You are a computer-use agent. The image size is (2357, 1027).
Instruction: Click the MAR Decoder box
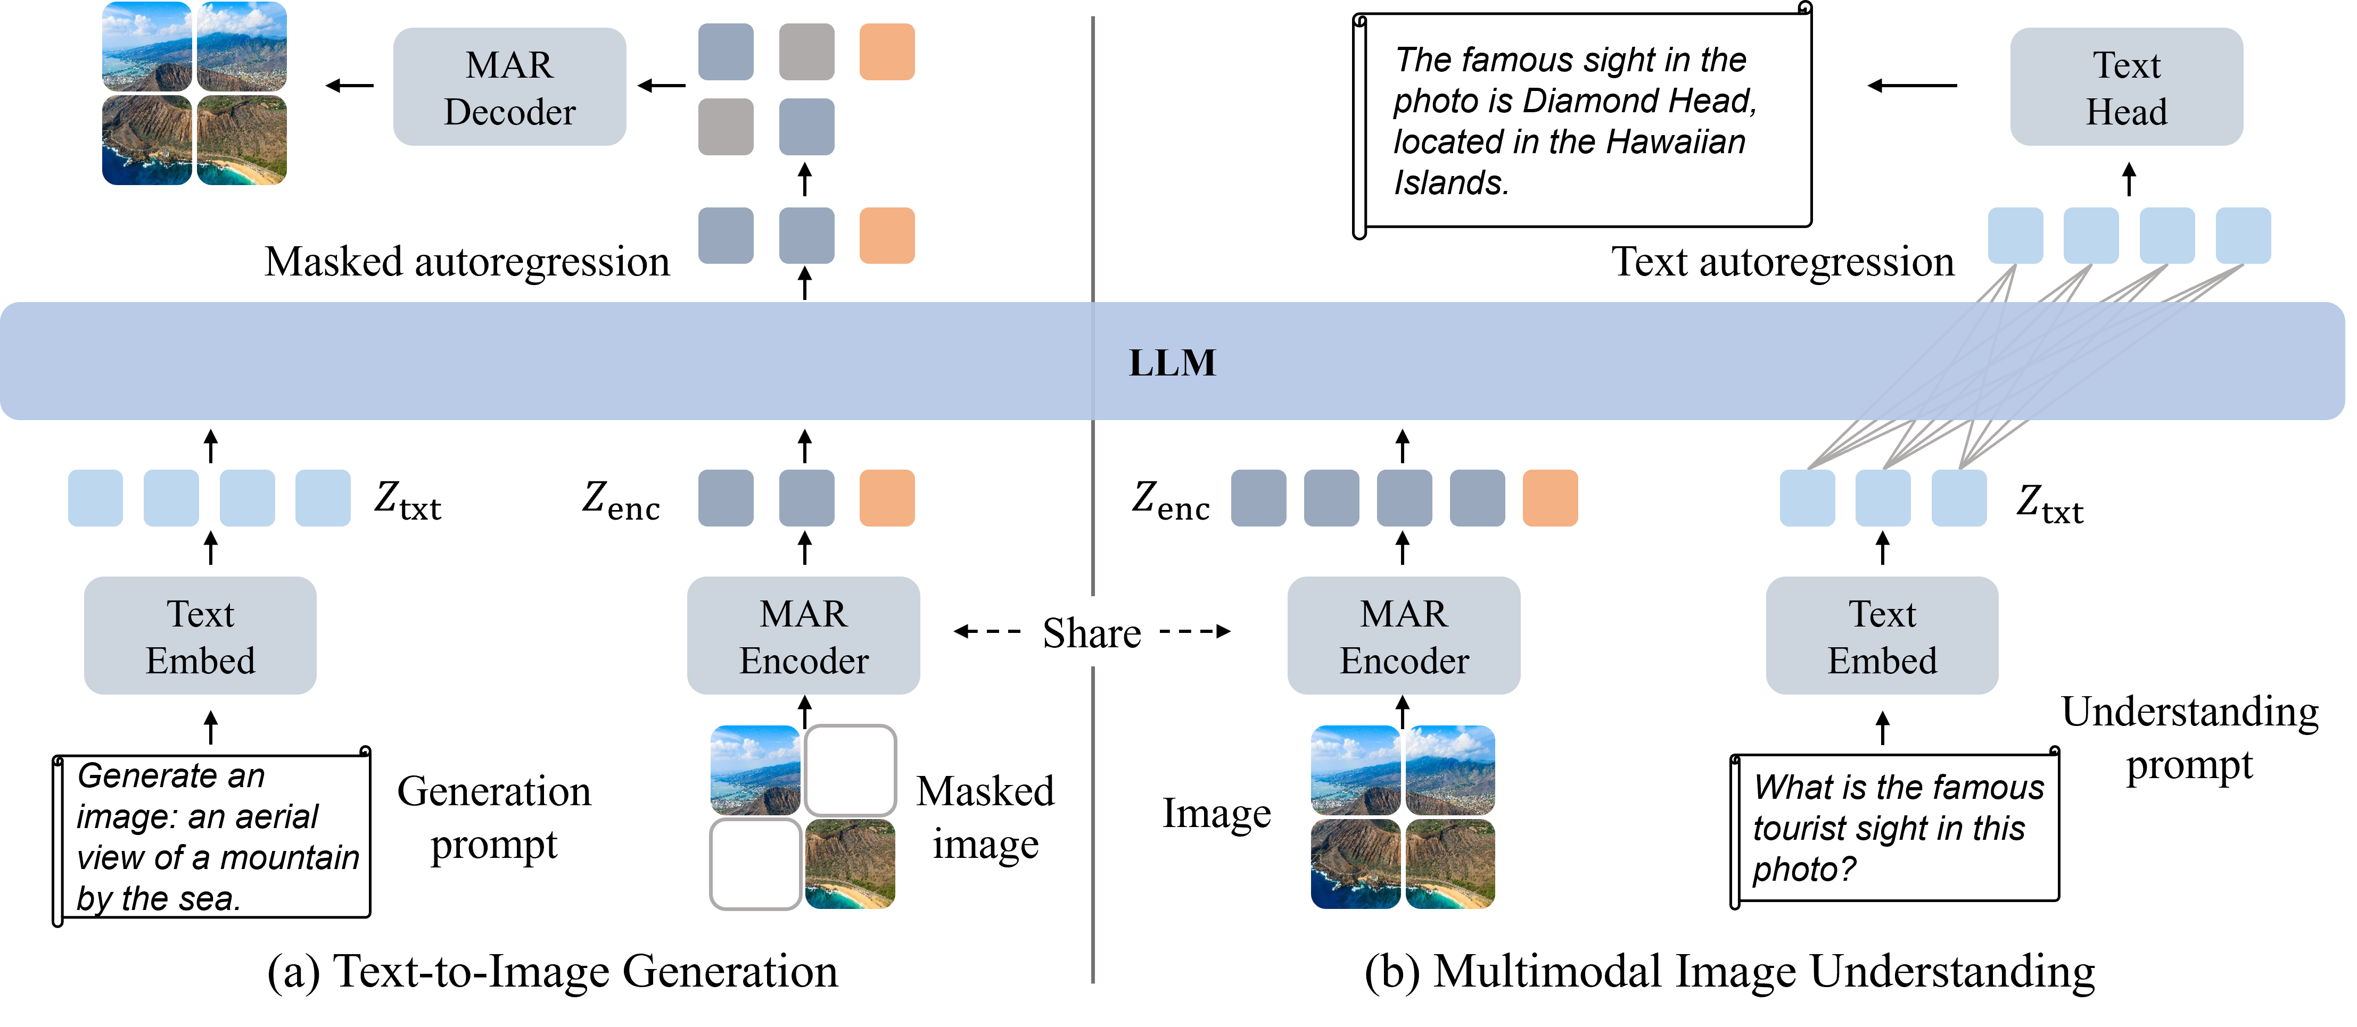(x=509, y=87)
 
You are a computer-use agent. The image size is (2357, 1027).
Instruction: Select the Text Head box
(x=2127, y=87)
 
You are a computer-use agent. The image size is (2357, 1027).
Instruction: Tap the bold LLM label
(x=1172, y=363)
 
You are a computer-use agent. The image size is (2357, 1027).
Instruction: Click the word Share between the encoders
(x=1092, y=633)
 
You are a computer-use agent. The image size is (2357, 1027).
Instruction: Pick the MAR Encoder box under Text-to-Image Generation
(x=803, y=636)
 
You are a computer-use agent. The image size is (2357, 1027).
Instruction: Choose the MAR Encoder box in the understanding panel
(x=1404, y=636)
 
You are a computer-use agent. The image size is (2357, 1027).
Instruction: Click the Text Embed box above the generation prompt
(x=200, y=636)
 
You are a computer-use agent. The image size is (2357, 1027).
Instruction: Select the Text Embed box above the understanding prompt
(x=1882, y=636)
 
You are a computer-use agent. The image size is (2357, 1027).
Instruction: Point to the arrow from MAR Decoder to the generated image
(x=350, y=86)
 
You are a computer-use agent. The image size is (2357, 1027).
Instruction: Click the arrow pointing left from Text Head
(x=1913, y=86)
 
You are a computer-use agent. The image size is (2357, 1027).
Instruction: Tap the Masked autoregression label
(x=467, y=262)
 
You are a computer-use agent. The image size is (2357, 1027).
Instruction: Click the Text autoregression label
(x=1783, y=262)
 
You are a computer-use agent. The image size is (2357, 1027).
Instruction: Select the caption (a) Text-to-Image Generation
(x=553, y=971)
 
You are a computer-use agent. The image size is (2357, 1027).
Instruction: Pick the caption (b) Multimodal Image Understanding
(x=1729, y=971)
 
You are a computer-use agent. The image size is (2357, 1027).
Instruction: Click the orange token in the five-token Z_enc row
(x=1550, y=498)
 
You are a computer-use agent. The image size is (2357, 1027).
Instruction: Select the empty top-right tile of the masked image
(x=850, y=770)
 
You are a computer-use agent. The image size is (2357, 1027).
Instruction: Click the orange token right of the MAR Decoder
(x=887, y=52)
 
